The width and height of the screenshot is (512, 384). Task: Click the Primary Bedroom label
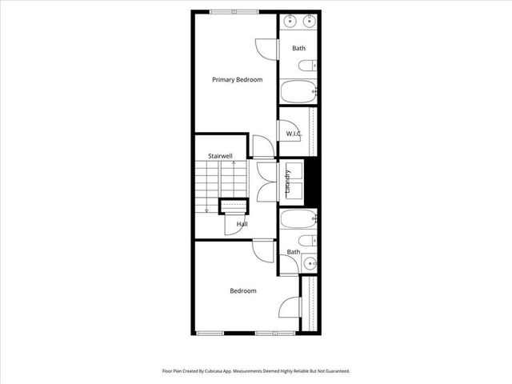pos(237,79)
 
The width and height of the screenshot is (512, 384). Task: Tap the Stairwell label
pos(220,155)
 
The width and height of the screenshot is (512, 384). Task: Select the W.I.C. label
pos(293,133)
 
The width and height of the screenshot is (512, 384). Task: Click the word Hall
pos(242,224)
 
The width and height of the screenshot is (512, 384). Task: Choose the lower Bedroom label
pos(243,290)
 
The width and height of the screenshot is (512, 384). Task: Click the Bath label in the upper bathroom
pos(298,49)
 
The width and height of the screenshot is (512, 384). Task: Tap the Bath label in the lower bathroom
pos(294,252)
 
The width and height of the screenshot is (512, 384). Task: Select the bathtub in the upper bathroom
pos(298,91)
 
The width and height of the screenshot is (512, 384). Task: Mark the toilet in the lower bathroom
pos(307,240)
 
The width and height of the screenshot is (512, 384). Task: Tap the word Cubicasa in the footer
pos(214,371)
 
